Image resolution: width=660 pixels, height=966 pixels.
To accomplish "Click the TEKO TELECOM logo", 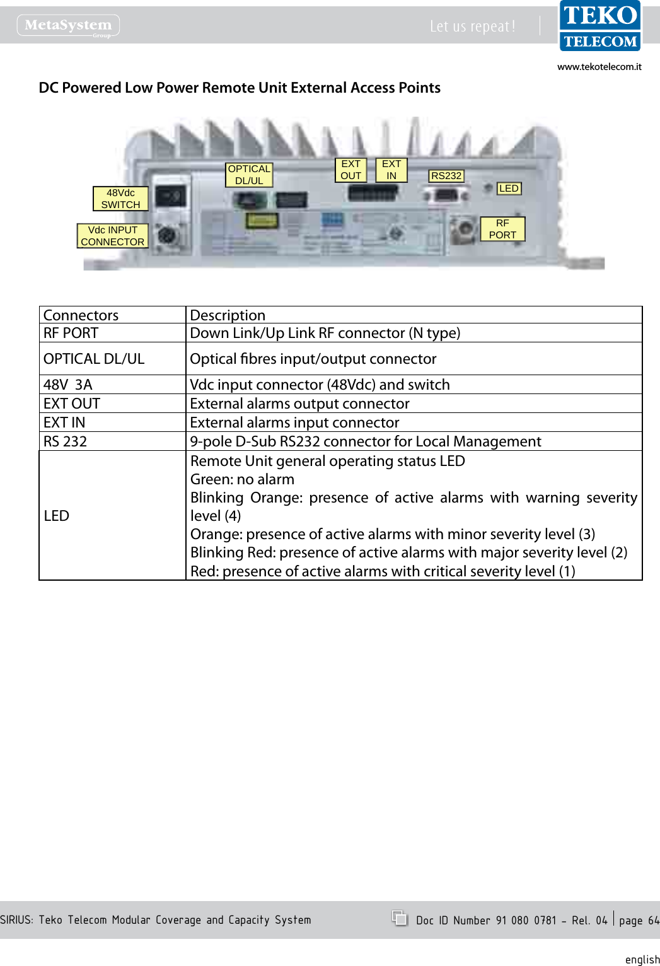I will coord(599,26).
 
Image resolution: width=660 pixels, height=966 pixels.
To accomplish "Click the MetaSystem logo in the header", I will coord(68,26).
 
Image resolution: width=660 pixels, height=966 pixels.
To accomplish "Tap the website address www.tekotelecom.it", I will coord(599,67).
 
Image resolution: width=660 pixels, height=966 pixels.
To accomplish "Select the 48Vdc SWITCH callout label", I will coord(120,199).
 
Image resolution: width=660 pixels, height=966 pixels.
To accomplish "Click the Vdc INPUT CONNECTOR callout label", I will coord(112,236).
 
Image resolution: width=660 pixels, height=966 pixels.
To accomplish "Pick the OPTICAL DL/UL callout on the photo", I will coord(249,175).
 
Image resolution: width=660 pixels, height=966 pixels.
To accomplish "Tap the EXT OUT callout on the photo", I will coord(350,170).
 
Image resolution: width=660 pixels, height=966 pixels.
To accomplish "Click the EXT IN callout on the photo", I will coord(391,170).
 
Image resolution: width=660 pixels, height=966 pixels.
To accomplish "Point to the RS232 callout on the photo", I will coord(446,176).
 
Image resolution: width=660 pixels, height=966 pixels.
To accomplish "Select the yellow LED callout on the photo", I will coord(509,189).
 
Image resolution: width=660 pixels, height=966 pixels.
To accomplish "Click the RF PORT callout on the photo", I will coord(502,229).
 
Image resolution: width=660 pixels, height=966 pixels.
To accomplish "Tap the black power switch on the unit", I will coord(171,197).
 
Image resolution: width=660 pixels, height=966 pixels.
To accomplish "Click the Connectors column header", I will coord(81,315).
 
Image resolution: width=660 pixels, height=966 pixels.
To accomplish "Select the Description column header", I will coord(228,315).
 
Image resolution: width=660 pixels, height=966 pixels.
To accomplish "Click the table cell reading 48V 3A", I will coord(68,385).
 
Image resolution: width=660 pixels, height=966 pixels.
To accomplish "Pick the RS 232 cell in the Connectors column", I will coord(66,441).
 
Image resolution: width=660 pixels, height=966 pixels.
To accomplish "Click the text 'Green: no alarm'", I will coord(242,479).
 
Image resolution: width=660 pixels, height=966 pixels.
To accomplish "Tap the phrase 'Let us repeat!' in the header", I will coord(472,26).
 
